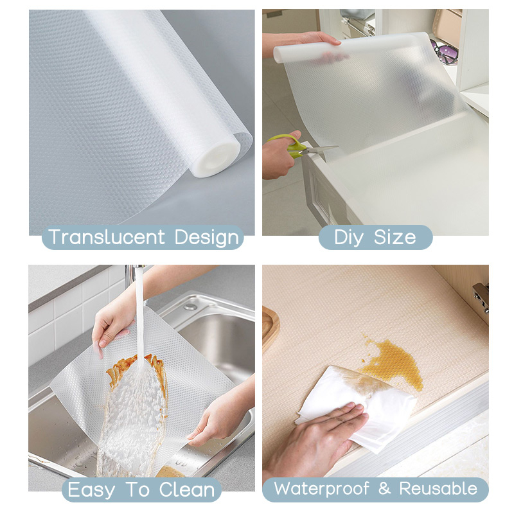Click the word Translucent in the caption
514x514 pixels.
[x=106, y=236]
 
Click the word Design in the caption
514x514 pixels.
[x=207, y=238]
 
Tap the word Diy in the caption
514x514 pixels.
[x=348, y=238]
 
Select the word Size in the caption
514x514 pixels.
[x=395, y=236]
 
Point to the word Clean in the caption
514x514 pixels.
[x=187, y=490]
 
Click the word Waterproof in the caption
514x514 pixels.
[x=322, y=489]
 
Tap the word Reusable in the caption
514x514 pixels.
[x=438, y=488]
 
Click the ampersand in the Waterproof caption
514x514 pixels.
[x=384, y=488]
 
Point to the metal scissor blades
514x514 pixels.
[x=319, y=150]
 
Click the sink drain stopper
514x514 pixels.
[x=190, y=307]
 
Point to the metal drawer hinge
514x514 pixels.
[x=481, y=297]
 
